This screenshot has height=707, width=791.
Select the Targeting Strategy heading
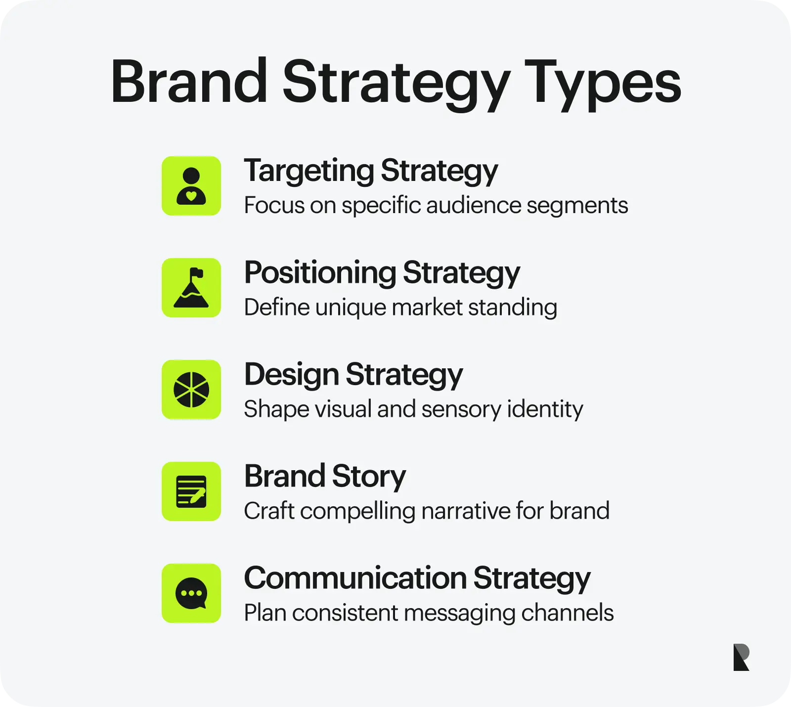(371, 172)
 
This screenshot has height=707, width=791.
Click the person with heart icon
(191, 186)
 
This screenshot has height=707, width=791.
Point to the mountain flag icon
(191, 288)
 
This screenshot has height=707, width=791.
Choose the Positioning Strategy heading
(382, 273)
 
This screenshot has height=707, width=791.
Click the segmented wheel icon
(191, 390)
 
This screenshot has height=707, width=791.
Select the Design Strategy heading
(353, 375)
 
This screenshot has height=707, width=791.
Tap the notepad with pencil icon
(191, 491)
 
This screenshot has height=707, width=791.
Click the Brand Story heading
(325, 477)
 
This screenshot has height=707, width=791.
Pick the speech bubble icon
(191, 593)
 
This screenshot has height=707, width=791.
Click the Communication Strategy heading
(417, 579)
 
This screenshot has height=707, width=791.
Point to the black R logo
(742, 657)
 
